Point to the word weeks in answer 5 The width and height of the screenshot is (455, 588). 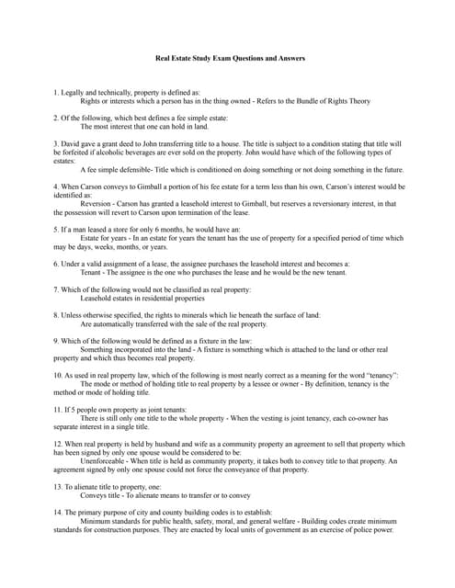[97, 247]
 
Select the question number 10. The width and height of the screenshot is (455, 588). [58, 375]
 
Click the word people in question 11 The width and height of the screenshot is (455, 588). [91, 409]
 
